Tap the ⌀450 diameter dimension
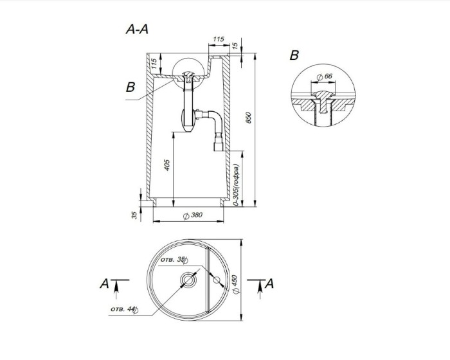pyautogui.click(x=235, y=283)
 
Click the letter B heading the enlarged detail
pyautogui.click(x=294, y=56)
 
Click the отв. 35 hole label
pyautogui.click(x=174, y=260)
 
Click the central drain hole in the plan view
pyautogui.click(x=189, y=280)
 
